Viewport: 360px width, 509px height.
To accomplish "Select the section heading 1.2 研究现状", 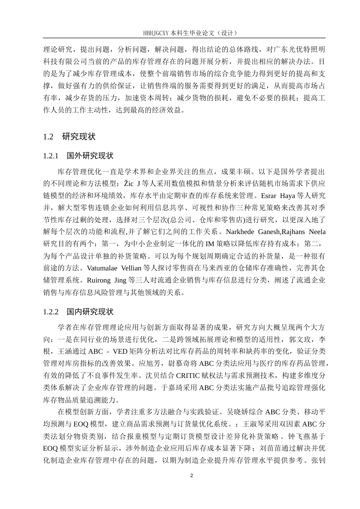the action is [x=69, y=137].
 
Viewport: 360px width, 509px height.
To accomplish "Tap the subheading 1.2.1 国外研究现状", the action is [x=78, y=156].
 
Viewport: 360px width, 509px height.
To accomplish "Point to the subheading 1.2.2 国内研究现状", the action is [x=78, y=312].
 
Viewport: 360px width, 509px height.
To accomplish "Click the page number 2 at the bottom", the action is [x=191, y=475].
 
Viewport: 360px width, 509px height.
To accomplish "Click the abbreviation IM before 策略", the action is [x=210, y=244].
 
